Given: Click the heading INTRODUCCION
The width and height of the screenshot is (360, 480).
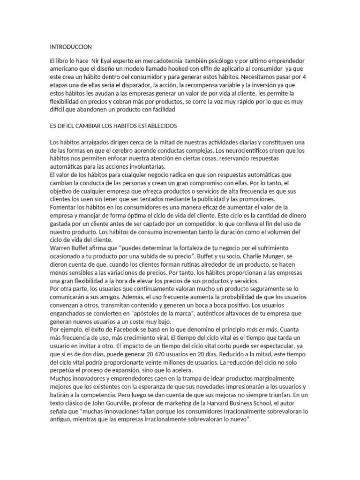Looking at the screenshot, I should [x=71, y=47].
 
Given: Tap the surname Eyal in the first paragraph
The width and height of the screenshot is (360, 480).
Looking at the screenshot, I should [x=108, y=61].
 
